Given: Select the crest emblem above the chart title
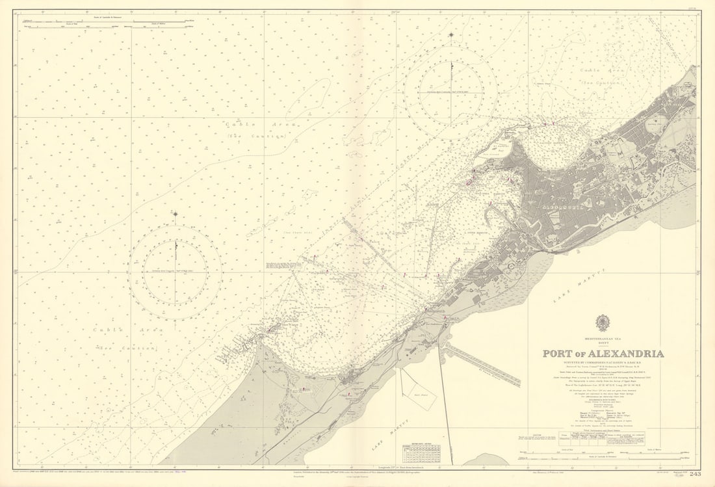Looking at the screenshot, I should coord(603,323).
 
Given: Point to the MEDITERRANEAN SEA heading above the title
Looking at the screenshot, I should coord(603,339).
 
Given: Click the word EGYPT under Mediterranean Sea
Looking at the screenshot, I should coord(603,344).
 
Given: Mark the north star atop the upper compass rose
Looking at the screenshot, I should coord(450,34).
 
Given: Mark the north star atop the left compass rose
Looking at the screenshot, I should coord(175,213).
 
